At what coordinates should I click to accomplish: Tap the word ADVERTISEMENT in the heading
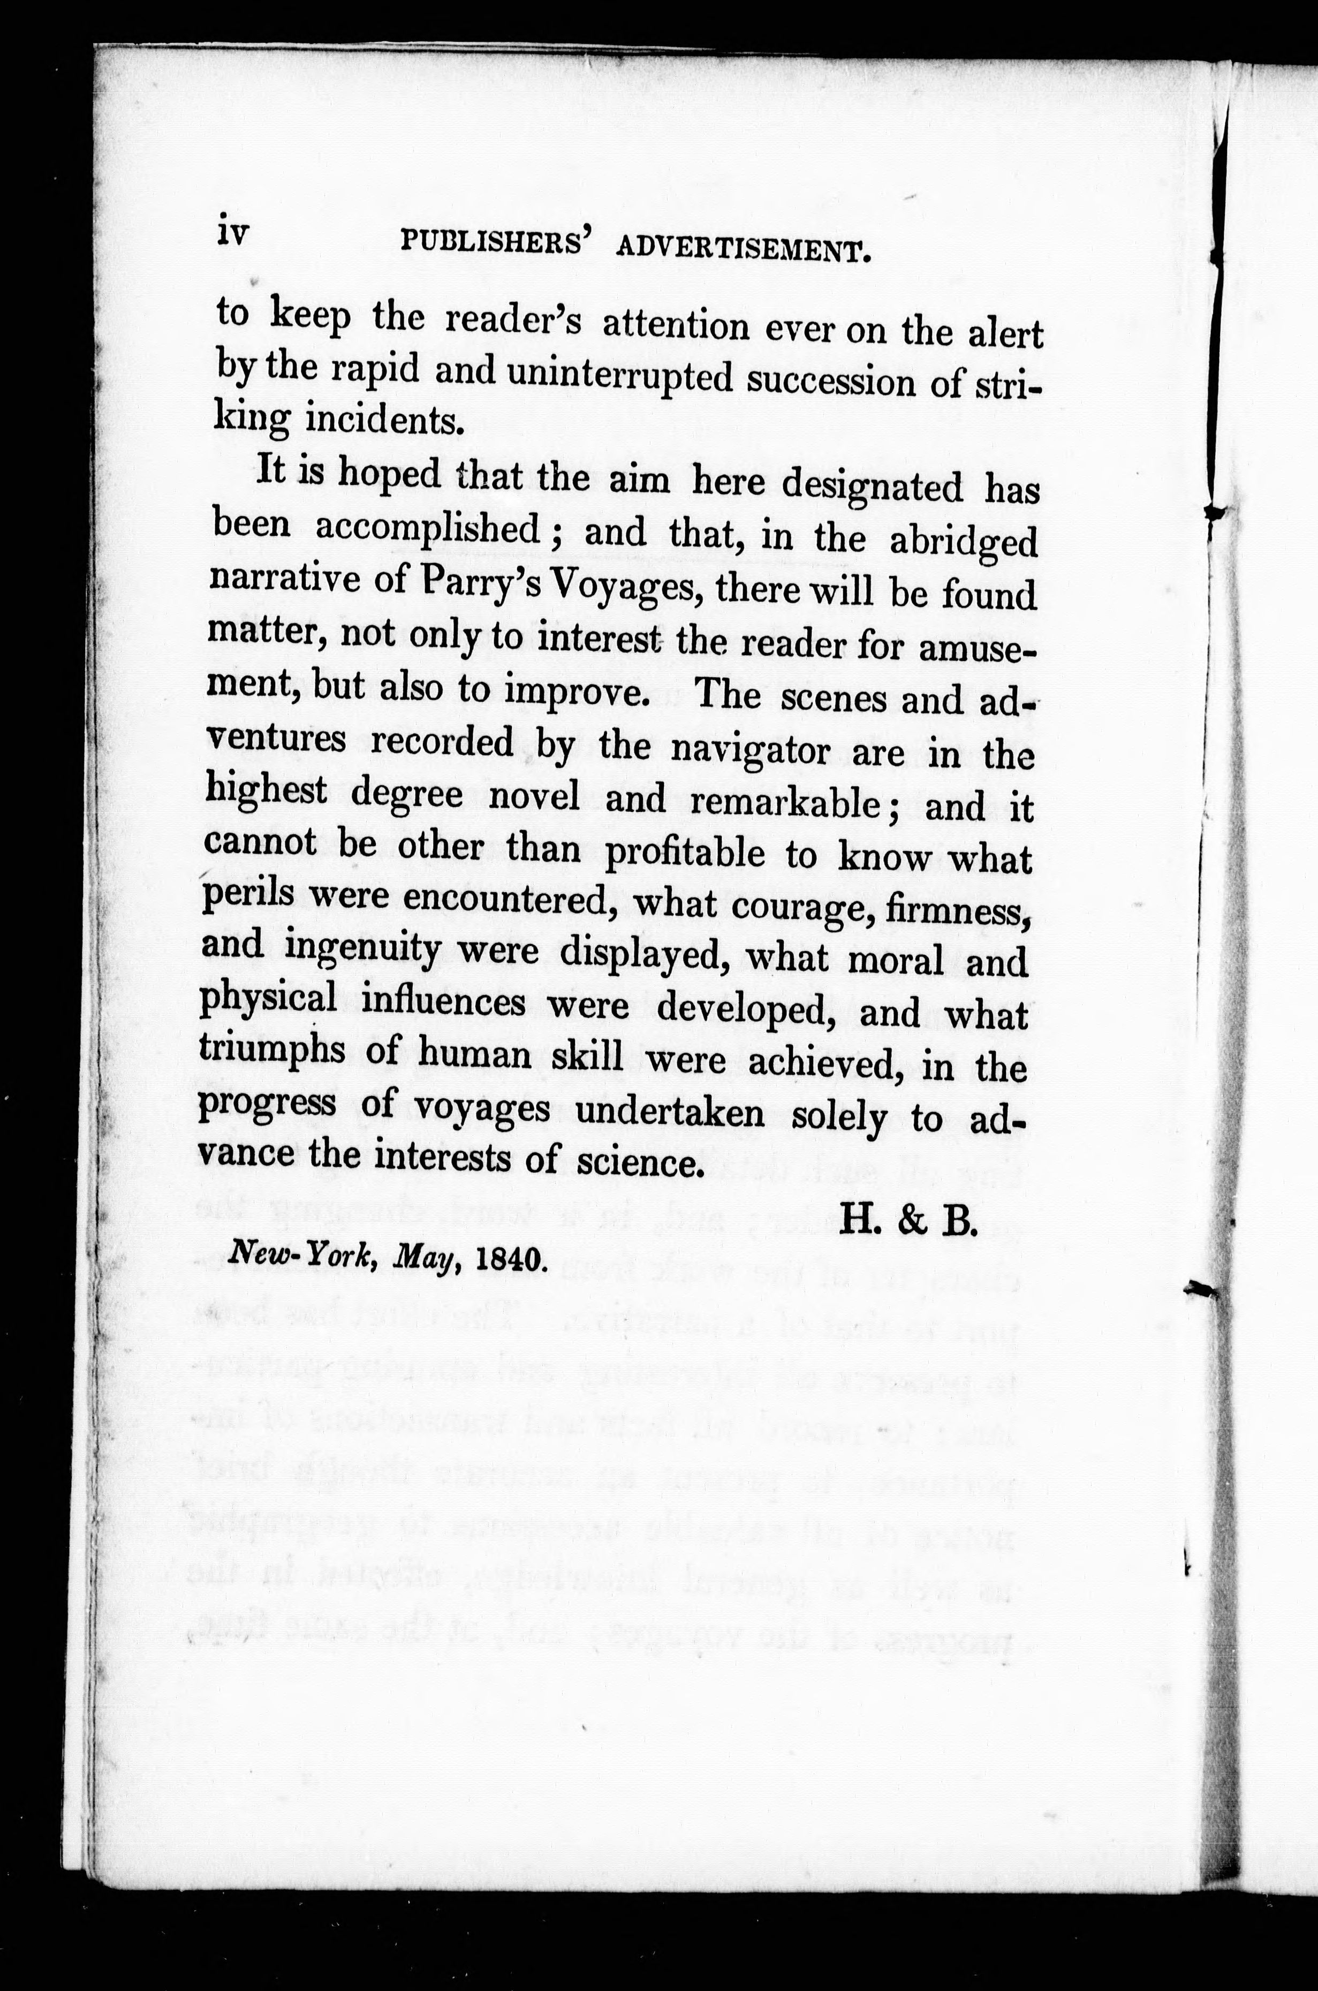(741, 249)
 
